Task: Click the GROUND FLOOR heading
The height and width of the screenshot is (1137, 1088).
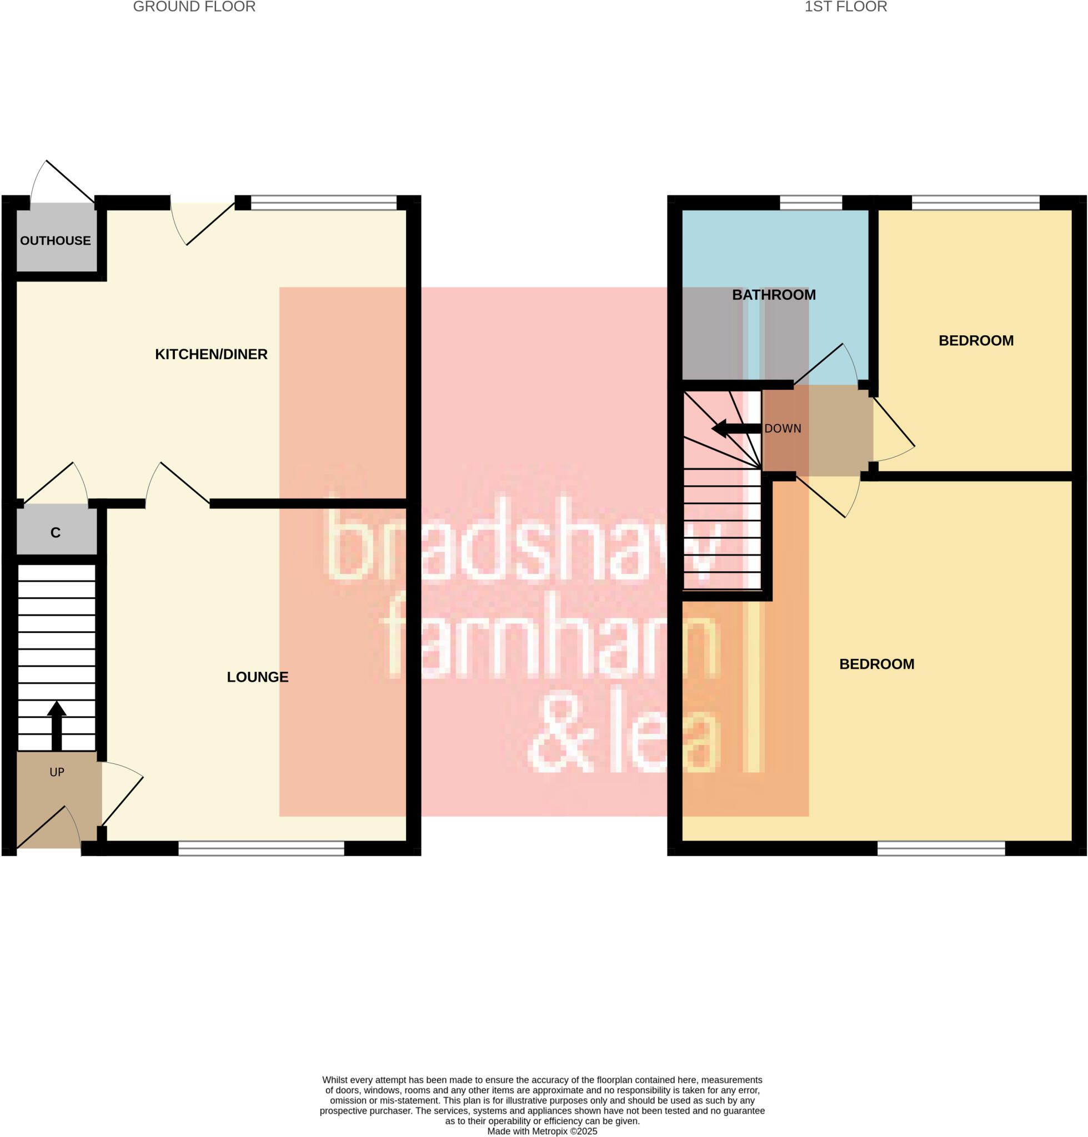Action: click(x=194, y=7)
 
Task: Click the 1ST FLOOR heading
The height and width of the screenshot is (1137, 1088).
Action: click(x=846, y=7)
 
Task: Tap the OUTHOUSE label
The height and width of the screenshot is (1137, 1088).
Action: click(x=56, y=240)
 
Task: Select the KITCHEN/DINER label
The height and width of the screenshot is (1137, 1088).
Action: click(x=211, y=354)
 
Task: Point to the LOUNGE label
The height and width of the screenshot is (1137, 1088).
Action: click(x=258, y=677)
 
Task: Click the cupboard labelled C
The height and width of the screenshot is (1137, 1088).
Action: click(x=56, y=532)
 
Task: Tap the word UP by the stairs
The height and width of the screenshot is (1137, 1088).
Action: click(x=57, y=772)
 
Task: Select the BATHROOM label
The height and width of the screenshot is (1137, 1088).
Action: click(x=774, y=295)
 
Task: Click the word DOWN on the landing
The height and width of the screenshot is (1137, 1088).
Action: click(x=783, y=429)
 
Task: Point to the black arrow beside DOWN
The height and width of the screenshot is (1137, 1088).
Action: click(x=735, y=429)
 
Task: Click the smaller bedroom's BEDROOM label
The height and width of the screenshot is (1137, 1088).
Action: click(x=976, y=340)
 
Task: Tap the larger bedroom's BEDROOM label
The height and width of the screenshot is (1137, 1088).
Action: click(x=876, y=664)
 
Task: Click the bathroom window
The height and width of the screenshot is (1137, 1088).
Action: click(x=810, y=202)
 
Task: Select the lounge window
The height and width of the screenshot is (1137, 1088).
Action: click(x=261, y=848)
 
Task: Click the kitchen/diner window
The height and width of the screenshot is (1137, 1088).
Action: click(x=324, y=202)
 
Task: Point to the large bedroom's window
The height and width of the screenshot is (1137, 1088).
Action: click(x=941, y=848)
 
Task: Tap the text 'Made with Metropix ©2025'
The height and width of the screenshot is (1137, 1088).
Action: click(x=542, y=1131)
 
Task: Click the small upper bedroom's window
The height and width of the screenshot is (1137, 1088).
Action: click(x=975, y=202)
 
